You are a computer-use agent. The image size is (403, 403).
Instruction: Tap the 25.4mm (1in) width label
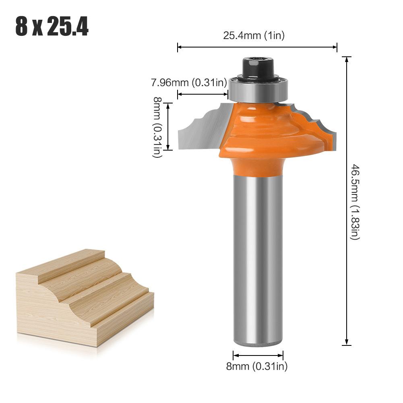coord(254,35)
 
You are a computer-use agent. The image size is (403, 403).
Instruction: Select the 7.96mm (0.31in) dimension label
coord(189,83)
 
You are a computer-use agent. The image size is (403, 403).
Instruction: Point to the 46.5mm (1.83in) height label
coord(354,201)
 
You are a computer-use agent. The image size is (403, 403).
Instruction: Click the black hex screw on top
coord(258,66)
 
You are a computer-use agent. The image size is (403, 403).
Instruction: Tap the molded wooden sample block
coord(81,298)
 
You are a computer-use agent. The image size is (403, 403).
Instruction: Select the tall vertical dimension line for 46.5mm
coord(346,201)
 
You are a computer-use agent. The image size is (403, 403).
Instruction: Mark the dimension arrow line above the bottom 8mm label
coord(258,355)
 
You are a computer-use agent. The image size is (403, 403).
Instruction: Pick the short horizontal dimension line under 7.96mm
coord(203,95)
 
